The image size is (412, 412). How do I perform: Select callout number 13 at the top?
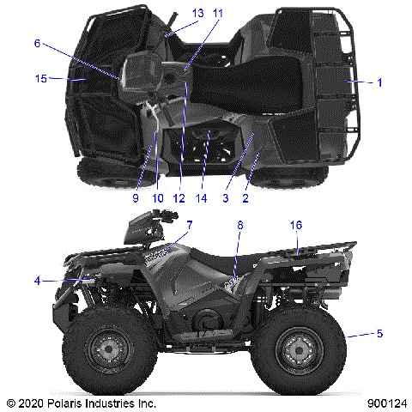click(197, 13)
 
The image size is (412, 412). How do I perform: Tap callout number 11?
click(217, 13)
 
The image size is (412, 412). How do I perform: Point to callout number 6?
click(37, 43)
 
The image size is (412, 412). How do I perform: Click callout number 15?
click(40, 79)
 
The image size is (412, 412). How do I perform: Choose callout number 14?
click(203, 197)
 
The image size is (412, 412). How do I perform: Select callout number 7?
click(190, 225)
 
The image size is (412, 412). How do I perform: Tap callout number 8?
click(240, 225)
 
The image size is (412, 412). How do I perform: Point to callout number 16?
click(296, 225)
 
